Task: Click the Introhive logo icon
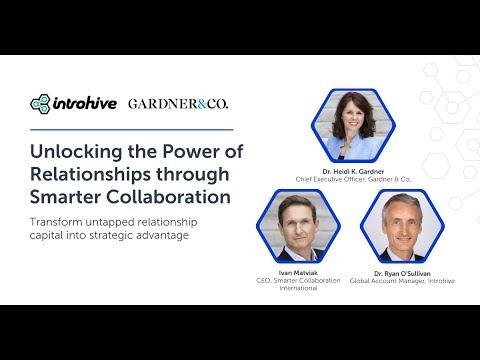point(40,104)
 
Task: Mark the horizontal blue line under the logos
point(132,129)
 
